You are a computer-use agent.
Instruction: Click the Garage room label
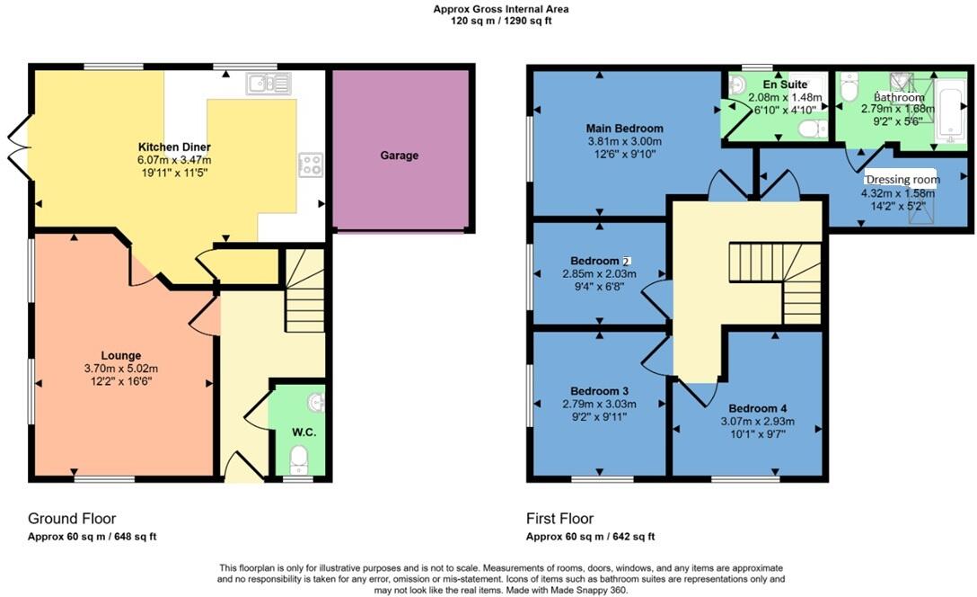[x=399, y=156]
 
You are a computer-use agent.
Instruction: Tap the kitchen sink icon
[x=268, y=84]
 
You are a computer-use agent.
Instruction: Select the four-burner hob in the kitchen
[x=311, y=165]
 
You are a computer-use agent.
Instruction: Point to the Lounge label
[x=121, y=355]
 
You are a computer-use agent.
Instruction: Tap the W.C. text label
[x=304, y=432]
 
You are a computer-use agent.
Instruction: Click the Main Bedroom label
[x=625, y=129]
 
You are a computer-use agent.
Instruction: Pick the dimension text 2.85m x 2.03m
[x=599, y=274]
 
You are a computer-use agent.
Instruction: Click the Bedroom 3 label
[x=599, y=391]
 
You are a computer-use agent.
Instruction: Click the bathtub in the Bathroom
[x=951, y=111]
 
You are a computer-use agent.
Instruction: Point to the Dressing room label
[x=902, y=179]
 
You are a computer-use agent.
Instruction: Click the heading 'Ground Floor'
[x=72, y=519]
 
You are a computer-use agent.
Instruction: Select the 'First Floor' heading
[x=559, y=519]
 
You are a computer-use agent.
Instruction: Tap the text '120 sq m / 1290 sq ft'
[x=501, y=21]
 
